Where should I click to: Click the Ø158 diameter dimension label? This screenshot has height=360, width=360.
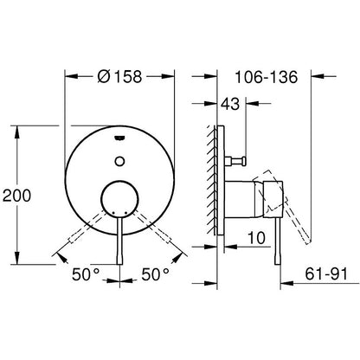[119, 77]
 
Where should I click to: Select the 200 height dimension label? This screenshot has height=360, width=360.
[16, 196]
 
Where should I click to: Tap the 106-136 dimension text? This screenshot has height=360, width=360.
[266, 77]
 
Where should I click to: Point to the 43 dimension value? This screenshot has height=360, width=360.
[230, 104]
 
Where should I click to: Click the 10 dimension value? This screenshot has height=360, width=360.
[256, 238]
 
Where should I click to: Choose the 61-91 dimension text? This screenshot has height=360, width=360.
[326, 273]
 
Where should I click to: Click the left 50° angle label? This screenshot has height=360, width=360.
[86, 274]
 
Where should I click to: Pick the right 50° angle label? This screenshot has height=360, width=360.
[155, 274]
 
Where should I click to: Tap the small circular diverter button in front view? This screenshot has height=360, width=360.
[119, 161]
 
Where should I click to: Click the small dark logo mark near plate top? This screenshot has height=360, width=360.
[119, 138]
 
